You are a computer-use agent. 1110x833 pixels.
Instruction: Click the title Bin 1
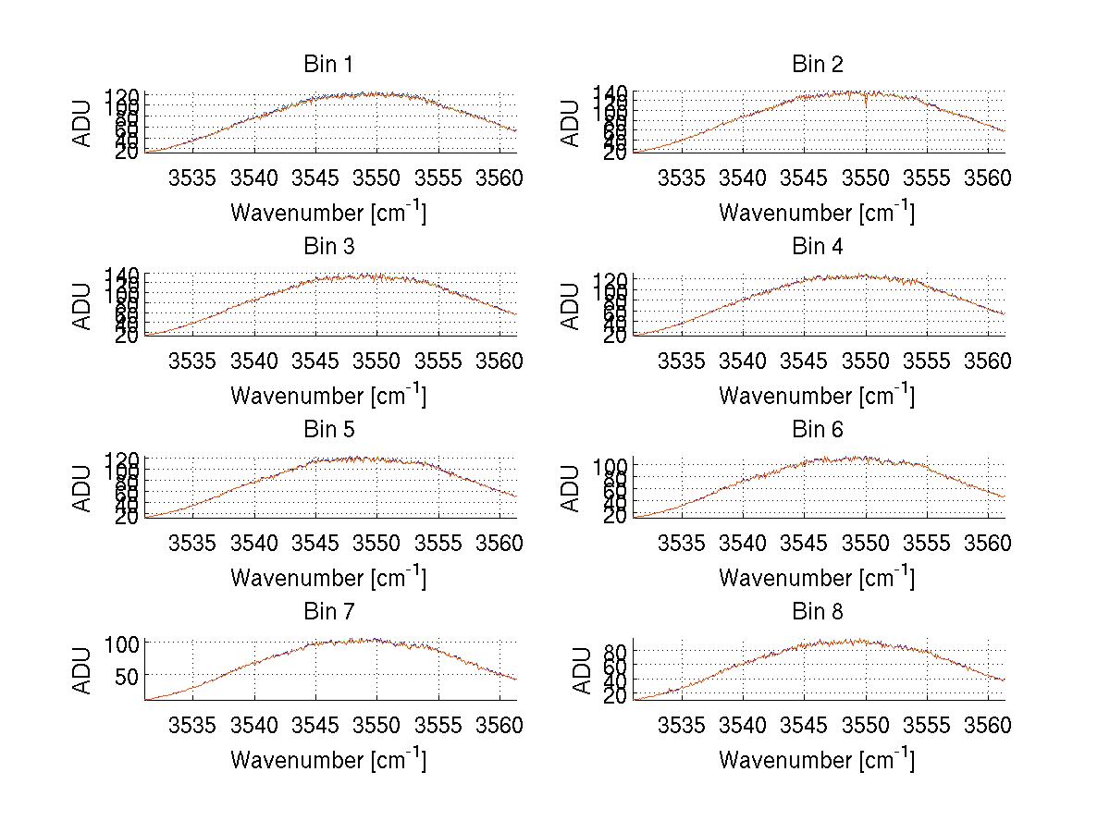[327, 65]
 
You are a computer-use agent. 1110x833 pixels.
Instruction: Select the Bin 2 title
[818, 65]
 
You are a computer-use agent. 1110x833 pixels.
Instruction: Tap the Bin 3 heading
[327, 247]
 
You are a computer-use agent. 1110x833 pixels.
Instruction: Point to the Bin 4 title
[818, 247]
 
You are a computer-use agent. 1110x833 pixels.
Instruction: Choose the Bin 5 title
[327, 430]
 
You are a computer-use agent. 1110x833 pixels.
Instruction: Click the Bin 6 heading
[818, 430]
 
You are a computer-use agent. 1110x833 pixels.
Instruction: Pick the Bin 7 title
[327, 612]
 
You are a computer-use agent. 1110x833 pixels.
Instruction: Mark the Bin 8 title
[818, 612]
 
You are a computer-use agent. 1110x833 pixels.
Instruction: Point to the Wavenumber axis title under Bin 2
[817, 213]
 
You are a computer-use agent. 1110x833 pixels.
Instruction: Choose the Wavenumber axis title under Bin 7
[328, 760]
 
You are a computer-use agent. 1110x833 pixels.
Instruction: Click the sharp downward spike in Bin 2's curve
[866, 104]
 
